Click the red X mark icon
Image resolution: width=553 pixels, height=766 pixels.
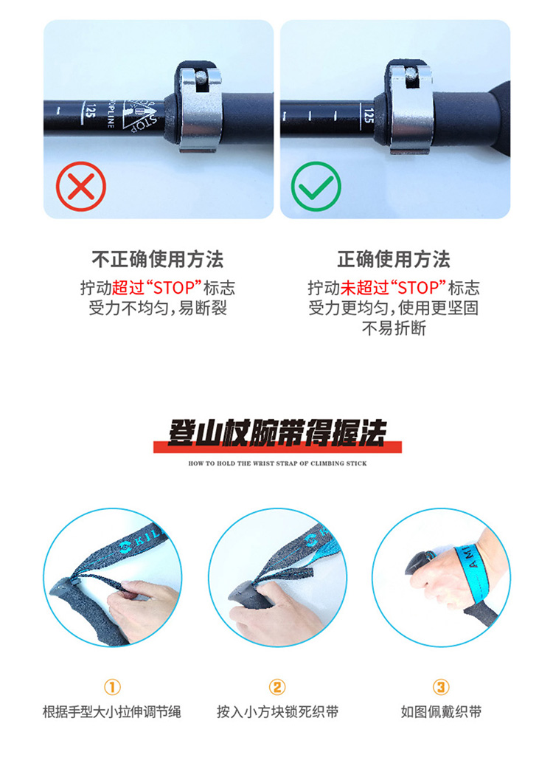80,186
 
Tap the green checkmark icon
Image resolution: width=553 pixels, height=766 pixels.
316,186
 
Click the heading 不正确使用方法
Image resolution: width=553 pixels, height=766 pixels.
157,259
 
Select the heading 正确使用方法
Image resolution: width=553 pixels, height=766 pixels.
394,259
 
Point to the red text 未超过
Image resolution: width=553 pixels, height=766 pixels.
364,288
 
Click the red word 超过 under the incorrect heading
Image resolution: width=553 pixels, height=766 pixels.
128,288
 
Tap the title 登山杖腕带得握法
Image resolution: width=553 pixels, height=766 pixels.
276,433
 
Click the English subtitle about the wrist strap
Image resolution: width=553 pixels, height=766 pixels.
277,463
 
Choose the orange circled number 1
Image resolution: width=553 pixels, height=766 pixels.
112,687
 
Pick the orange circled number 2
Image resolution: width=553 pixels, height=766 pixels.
276,687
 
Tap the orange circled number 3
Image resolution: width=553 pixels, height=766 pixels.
441,687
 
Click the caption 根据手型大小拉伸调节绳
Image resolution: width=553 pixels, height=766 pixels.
112,712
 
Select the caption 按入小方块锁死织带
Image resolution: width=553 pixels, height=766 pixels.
277,712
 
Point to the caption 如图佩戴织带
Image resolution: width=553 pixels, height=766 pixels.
441,712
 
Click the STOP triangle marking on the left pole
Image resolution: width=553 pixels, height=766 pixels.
140,115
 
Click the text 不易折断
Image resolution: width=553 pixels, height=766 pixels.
394,328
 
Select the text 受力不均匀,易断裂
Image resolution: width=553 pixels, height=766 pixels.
157,308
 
